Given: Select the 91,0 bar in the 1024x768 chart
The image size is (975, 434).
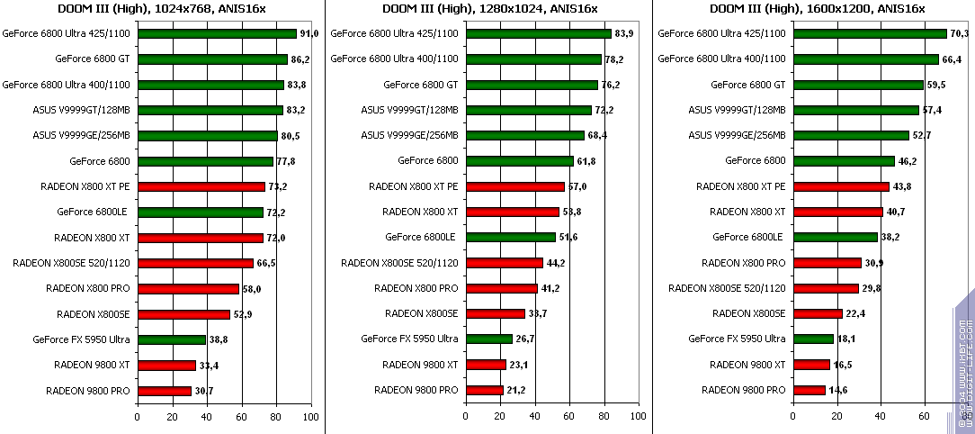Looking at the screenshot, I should tap(217, 34).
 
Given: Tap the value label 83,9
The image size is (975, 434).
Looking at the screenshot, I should tap(626, 34).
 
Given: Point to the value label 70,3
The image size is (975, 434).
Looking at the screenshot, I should tap(959, 34).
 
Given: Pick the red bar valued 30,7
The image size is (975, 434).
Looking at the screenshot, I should tap(165, 392).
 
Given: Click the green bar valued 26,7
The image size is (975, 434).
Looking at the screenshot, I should tap(488, 339).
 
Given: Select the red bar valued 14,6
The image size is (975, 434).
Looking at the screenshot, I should tap(810, 391).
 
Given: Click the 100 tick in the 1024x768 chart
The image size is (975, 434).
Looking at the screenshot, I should tap(311, 418).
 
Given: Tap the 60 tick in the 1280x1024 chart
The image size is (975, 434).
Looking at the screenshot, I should tap(569, 418).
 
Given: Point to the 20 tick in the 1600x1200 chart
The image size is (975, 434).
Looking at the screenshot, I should tap(836, 418).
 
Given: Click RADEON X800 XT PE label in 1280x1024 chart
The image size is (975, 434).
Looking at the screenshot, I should tap(414, 187).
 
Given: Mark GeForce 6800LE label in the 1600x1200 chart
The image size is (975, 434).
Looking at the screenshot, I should tap(747, 238).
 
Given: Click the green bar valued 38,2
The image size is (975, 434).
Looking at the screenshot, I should tap(836, 238).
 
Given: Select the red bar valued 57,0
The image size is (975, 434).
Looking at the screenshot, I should tap(515, 187).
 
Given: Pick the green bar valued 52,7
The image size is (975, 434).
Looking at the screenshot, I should tap(851, 136).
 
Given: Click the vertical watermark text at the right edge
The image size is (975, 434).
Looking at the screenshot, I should tap(964, 360).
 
